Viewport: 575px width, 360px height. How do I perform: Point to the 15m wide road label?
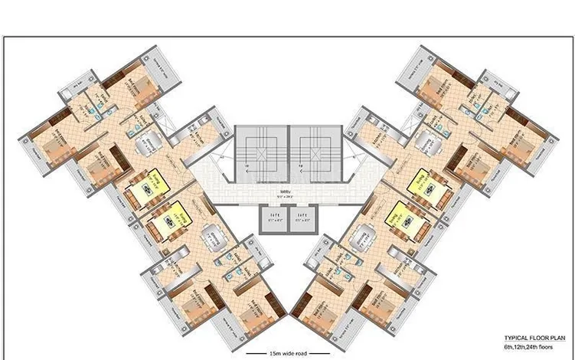tap(287, 352)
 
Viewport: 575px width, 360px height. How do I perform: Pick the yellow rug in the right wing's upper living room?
tap(420, 183)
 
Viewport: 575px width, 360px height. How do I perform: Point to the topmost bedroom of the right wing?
tap(442, 83)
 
